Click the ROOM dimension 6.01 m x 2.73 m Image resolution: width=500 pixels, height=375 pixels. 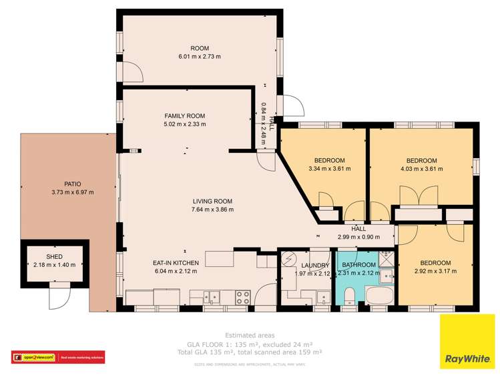pyautogui.click(x=200, y=57)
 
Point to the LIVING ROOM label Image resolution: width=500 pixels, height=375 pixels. pyautogui.click(x=212, y=201)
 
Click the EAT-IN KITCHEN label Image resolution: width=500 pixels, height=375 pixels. pyautogui.click(x=176, y=263)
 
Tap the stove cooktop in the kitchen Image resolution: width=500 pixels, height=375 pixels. pyautogui.click(x=242, y=296)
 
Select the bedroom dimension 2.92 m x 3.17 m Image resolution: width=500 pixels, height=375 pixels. pyautogui.click(x=435, y=272)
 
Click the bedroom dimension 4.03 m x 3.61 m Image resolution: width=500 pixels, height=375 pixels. pyautogui.click(x=421, y=169)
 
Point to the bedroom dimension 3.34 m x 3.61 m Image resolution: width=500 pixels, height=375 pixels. pyautogui.click(x=329, y=169)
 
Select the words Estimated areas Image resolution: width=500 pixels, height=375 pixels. pyautogui.click(x=250, y=335)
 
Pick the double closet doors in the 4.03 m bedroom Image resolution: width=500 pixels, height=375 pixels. pyautogui.click(x=410, y=198)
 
